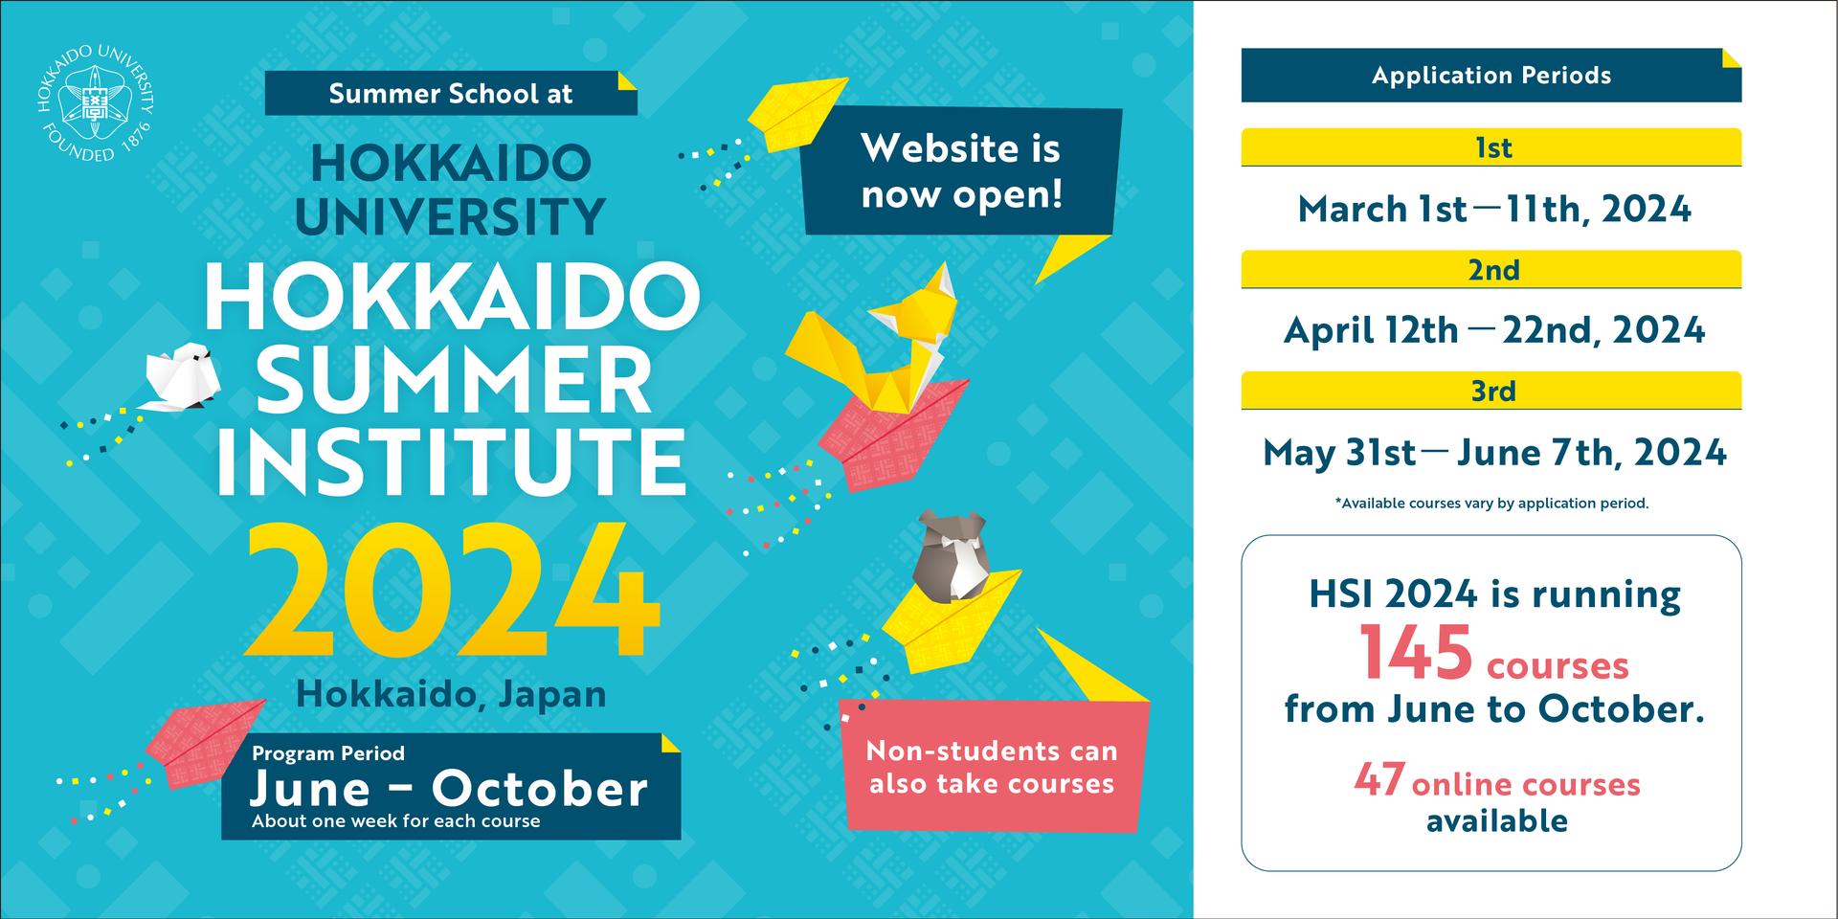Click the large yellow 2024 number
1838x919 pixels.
454,591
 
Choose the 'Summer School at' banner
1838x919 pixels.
450,94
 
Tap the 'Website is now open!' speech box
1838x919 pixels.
961,172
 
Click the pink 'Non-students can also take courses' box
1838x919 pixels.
992,767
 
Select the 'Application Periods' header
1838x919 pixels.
1491,76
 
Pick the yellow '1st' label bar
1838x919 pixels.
1491,147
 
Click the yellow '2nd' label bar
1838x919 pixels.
1491,269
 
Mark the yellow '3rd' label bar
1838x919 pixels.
1491,391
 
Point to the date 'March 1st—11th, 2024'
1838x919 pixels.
1493,209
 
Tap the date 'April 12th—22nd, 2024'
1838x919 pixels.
1493,330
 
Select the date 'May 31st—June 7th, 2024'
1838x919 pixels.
1493,453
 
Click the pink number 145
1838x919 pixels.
1417,653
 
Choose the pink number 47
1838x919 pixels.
1379,779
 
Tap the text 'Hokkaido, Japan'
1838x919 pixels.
451,694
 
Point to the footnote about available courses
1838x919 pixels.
1491,504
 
